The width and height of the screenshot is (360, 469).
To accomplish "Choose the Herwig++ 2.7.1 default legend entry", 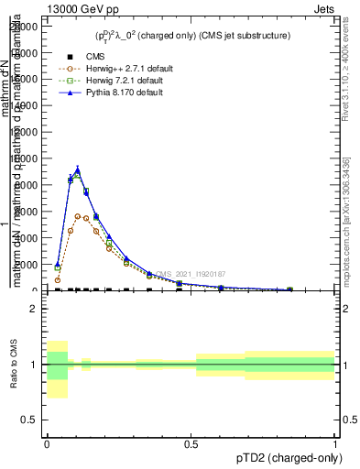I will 120,69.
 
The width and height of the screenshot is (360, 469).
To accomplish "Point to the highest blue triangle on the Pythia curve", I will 78,170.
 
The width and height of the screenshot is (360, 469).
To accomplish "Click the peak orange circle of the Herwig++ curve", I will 78,216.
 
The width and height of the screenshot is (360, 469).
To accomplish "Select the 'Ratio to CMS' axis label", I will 13,364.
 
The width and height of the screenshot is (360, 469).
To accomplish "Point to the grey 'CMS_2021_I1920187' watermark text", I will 189,274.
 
